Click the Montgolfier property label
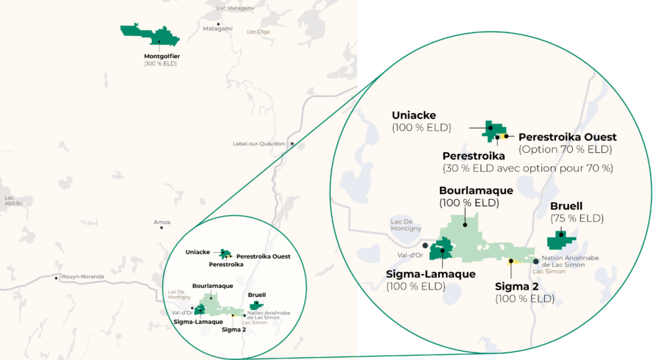pyautogui.click(x=162, y=56)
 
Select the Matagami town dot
pyautogui.click(x=217, y=24)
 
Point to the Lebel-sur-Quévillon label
pyautogui.click(x=261, y=143)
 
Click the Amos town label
pyautogui.click(x=162, y=221)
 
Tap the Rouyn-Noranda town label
pyautogui.click(x=82, y=277)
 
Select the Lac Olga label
pyautogui.click(x=259, y=32)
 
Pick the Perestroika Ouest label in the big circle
pyautogui.click(x=567, y=137)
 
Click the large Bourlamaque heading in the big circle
pyautogui.click(x=476, y=190)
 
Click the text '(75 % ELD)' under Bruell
pyautogui.click(x=577, y=218)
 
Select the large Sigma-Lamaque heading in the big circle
pyautogui.click(x=430, y=274)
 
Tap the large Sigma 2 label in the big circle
pyautogui.click(x=524, y=286)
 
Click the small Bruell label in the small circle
pyautogui.click(x=257, y=295)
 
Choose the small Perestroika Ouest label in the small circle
pyautogui.click(x=263, y=256)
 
